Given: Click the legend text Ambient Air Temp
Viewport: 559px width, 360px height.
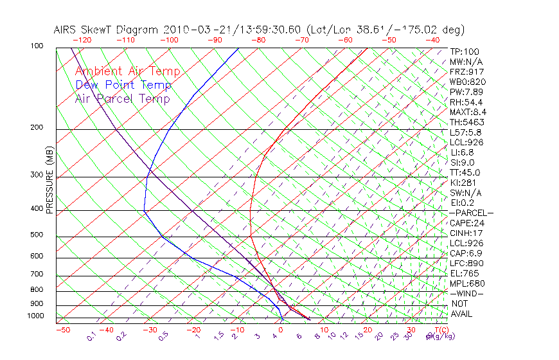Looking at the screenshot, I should click(x=127, y=71).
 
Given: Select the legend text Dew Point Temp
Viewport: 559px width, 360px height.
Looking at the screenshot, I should click(x=123, y=85).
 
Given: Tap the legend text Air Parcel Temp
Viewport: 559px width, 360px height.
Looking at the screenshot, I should click(x=122, y=98).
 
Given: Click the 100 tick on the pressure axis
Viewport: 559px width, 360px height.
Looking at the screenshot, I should click(x=37, y=46).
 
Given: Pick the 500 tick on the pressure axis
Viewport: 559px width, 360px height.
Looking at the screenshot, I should click(x=37, y=235).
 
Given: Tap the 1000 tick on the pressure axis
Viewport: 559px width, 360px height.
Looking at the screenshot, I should click(x=35, y=316).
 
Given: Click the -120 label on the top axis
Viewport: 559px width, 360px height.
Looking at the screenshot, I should click(x=82, y=40).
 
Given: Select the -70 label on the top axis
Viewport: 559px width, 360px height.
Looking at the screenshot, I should click(x=301, y=40).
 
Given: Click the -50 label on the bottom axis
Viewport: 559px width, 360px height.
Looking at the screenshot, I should click(x=62, y=330).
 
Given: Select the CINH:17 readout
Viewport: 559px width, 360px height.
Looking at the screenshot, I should click(x=466, y=233).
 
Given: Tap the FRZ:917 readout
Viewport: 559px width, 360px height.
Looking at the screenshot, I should click(x=466, y=72).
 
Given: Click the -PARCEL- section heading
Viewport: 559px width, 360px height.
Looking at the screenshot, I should click(x=471, y=213).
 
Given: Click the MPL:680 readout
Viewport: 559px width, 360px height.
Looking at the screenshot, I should click(x=466, y=283).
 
